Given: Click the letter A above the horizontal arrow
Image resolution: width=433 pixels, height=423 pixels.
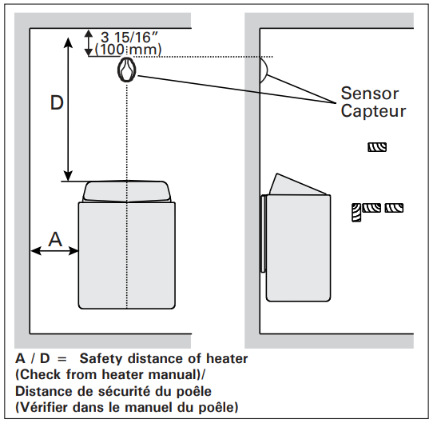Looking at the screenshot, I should (55, 238).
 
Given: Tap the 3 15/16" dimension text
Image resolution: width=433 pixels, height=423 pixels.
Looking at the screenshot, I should (129, 37).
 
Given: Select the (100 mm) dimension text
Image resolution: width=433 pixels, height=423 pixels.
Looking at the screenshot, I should (128, 50).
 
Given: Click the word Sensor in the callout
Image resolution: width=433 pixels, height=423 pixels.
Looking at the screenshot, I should (370, 93).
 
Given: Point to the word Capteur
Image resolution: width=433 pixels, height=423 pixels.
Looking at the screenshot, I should (373, 111).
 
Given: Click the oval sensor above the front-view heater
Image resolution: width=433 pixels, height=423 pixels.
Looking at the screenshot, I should (126, 70).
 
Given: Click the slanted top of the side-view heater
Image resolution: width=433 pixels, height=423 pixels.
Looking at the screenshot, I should (298, 185).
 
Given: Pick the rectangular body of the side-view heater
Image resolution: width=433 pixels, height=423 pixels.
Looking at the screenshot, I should (298, 248).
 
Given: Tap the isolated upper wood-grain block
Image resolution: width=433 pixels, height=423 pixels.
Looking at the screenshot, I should (377, 146).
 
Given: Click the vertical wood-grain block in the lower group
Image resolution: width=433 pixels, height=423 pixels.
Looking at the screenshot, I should (356, 212).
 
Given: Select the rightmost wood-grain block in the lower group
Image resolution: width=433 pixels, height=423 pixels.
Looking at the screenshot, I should (394, 208).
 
